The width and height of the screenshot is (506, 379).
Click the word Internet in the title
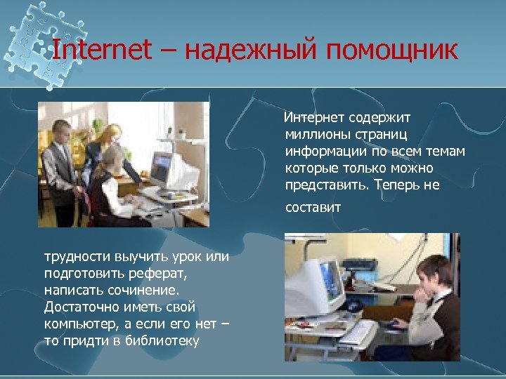click(102, 50)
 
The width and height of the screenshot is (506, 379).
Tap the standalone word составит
click(313, 207)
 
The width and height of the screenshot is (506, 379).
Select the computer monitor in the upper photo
click(161, 167)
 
